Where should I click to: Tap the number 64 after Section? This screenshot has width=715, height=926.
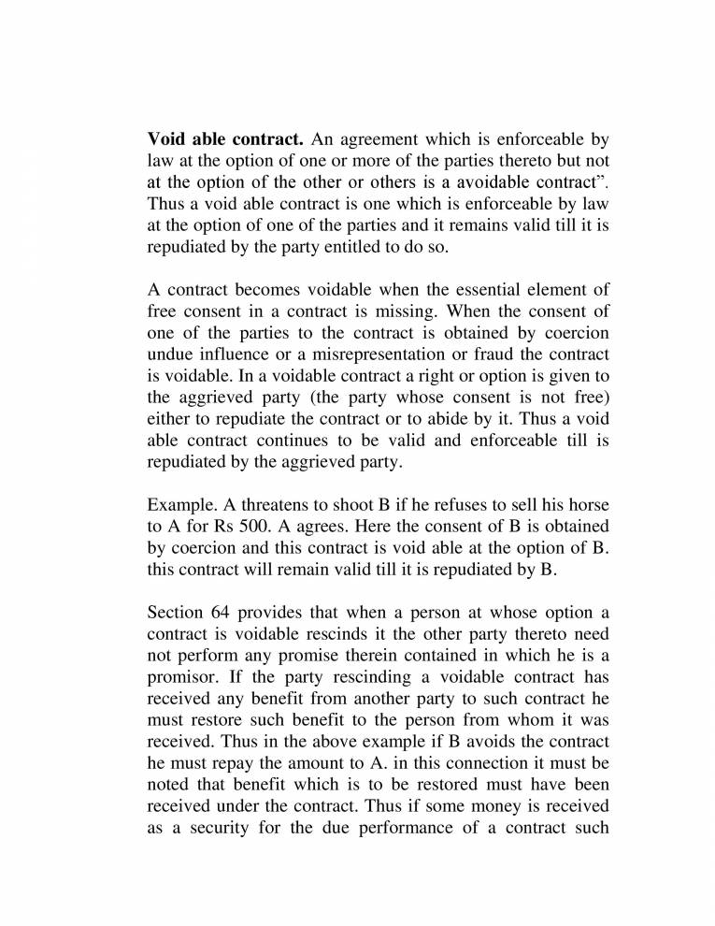pyautogui.click(x=215, y=614)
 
